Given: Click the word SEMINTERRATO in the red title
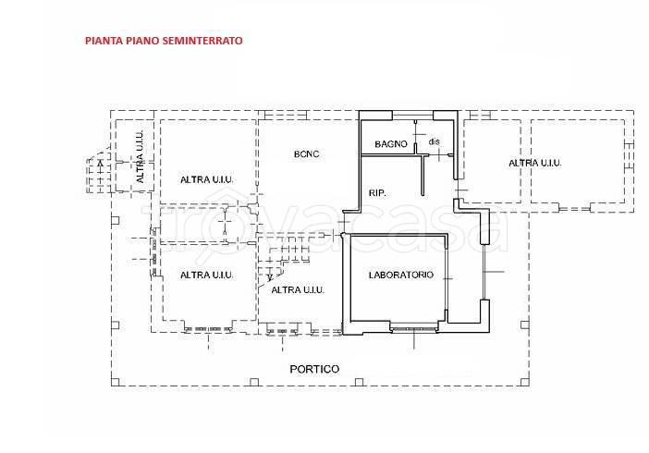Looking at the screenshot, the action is point(202,41).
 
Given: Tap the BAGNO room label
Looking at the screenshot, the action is point(391,144).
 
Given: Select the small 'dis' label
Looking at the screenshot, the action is point(434,141).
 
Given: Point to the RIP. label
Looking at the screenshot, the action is point(377,193).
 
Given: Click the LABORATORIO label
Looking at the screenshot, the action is point(400,275).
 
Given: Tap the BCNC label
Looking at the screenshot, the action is point(306,154).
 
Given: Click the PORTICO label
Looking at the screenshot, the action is point(314,369).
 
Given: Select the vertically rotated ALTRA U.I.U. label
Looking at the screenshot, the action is point(140,157).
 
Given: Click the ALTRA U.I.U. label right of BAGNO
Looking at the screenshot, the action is point(534,163).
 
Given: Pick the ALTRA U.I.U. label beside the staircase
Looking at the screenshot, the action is point(297,290).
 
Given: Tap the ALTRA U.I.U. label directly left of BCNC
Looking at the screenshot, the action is point(206,179).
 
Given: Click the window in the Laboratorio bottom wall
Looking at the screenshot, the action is point(414,329).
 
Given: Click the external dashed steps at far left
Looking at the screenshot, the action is point(99,174).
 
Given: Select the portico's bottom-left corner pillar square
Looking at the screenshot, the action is point(116,382).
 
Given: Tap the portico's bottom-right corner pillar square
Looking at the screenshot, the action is point(525,382).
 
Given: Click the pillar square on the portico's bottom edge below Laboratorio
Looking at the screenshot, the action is point(360,382).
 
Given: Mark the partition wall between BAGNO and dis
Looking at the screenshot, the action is point(415,138).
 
